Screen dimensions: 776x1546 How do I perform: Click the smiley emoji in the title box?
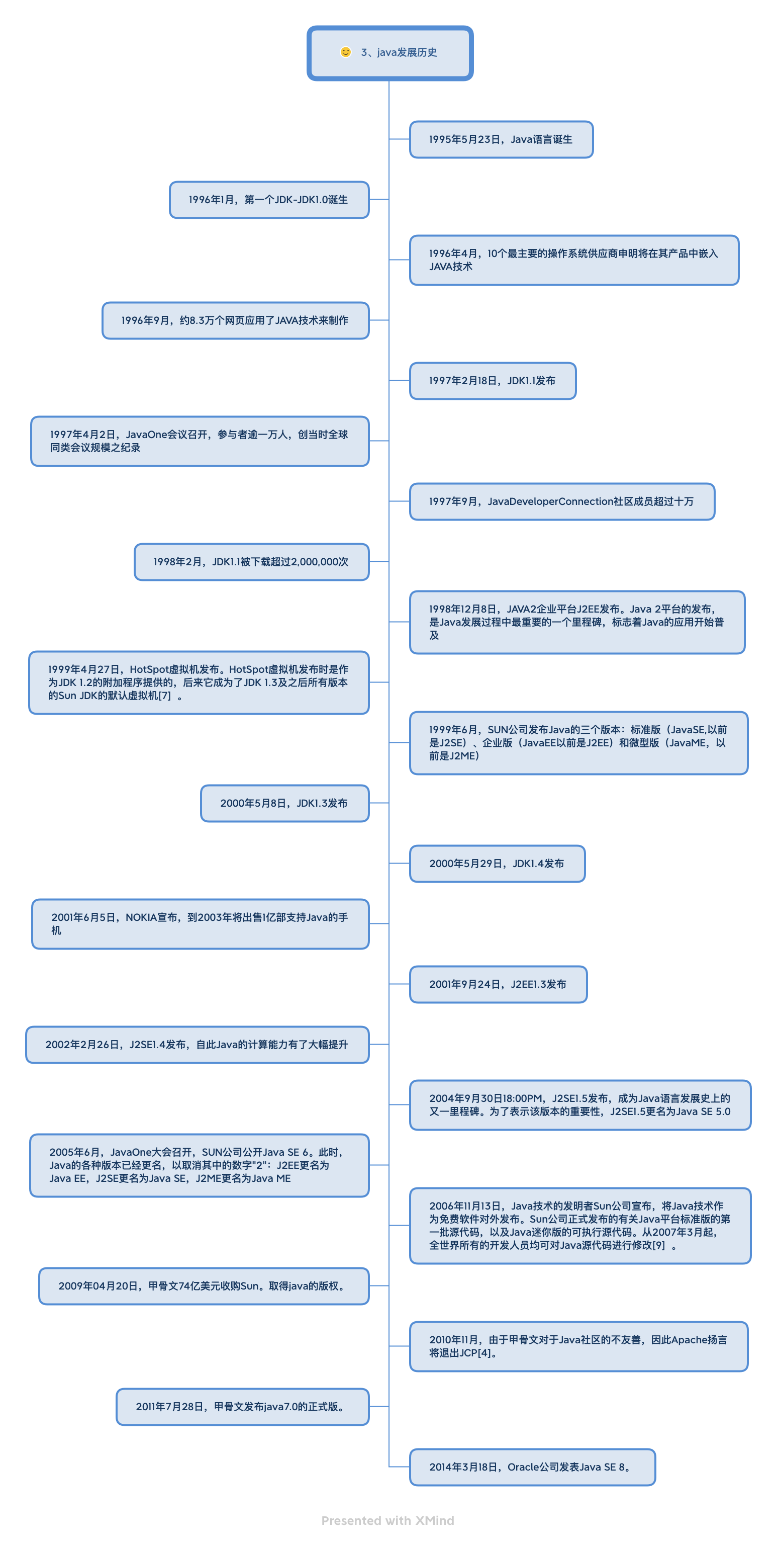tap(345, 52)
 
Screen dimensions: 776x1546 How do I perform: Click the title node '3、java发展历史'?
tap(390, 53)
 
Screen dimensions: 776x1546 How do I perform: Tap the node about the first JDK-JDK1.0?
tap(269, 200)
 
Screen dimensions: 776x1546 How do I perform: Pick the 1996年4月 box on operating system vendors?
tap(574, 260)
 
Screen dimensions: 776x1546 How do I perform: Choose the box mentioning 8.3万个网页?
tap(235, 320)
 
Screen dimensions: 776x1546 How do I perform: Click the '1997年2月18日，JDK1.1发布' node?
tap(493, 381)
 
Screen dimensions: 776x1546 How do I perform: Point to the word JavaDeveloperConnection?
tap(550, 501)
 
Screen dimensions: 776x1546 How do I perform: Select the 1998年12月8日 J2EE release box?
tap(577, 622)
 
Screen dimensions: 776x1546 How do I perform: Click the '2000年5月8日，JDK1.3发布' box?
tap(284, 803)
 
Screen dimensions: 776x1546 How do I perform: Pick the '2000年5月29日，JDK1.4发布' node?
tap(497, 864)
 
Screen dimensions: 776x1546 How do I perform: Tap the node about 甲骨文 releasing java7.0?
tap(242, 1407)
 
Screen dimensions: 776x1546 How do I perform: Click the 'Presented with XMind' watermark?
tap(388, 1520)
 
